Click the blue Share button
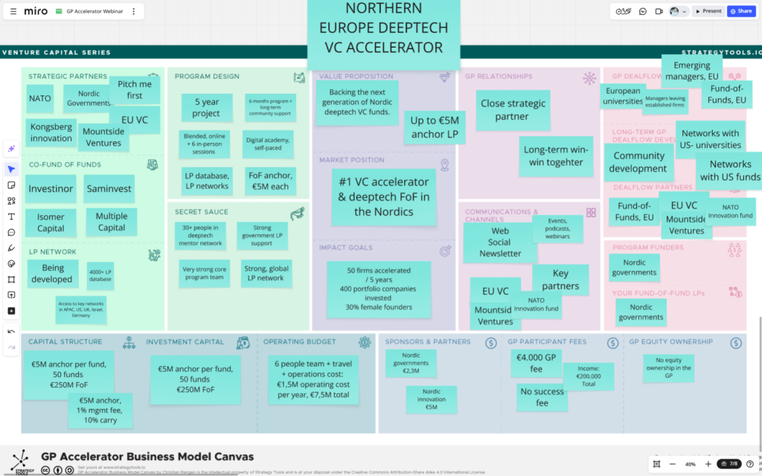(x=741, y=11)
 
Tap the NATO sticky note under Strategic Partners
(x=39, y=98)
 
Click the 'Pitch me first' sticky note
(x=135, y=89)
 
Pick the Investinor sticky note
(x=51, y=189)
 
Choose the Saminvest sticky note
(x=109, y=189)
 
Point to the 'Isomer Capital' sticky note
(x=51, y=222)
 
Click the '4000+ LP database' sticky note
(x=100, y=275)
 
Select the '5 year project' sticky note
(x=206, y=108)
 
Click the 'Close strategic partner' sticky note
(x=512, y=110)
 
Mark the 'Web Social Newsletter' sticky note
(x=499, y=242)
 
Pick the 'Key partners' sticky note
(x=560, y=280)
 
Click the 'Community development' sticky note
(x=638, y=162)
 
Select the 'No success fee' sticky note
(x=542, y=397)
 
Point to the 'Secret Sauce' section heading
(x=201, y=212)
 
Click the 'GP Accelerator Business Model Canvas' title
(x=147, y=457)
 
